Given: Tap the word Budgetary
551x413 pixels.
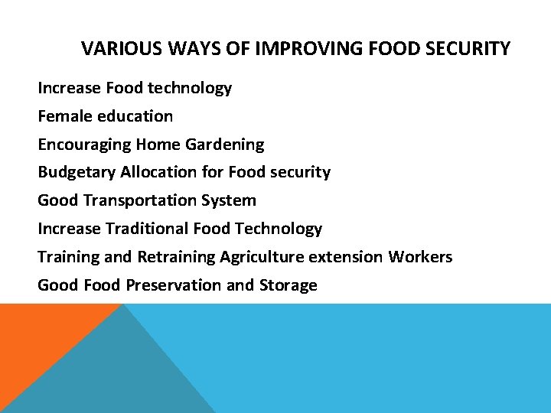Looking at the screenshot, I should (x=77, y=172).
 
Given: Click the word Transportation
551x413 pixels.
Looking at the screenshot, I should (x=147, y=200).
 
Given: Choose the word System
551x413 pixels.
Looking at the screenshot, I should (x=234, y=201).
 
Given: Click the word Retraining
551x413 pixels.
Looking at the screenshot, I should (x=176, y=257).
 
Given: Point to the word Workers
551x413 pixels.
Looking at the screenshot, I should (x=420, y=257).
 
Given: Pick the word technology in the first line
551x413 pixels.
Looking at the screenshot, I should (x=190, y=89).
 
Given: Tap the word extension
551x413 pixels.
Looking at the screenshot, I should (x=346, y=257).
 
